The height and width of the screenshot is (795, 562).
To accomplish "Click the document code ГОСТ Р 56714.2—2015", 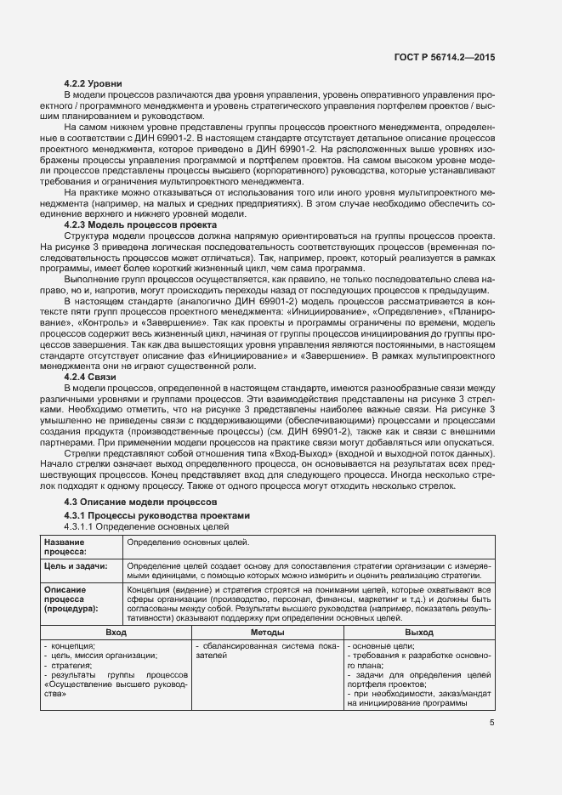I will tap(446, 57).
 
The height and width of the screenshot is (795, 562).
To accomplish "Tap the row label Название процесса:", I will tap(65, 546).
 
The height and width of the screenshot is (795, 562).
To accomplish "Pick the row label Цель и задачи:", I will tap(76, 565).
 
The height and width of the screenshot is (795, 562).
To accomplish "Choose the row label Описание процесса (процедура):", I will tap(71, 599).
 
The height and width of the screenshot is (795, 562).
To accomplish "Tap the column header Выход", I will tap(418, 633).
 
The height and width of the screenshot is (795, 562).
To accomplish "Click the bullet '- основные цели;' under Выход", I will tap(380, 646).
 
